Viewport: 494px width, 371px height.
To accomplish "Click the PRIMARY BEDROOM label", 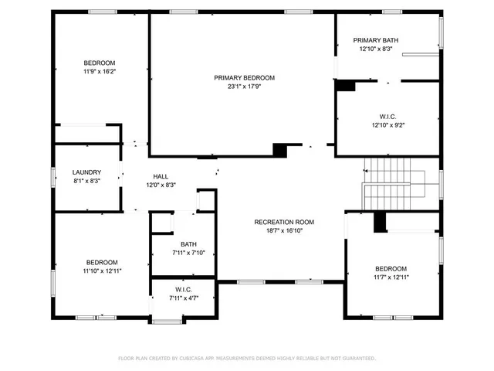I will pos(244,78).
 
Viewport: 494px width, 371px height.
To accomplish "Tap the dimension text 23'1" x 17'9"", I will pos(244,87).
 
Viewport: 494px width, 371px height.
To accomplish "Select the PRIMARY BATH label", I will pos(376,40).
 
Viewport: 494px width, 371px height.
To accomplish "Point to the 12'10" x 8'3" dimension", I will pos(376,49).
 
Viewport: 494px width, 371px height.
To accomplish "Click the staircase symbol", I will pos(390,182).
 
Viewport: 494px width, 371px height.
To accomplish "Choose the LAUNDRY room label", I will pos(86,172).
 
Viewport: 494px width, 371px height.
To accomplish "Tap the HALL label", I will pos(161,176).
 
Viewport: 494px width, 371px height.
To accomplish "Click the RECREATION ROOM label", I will pos(284,222).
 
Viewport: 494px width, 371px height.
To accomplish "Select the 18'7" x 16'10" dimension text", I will pos(284,230).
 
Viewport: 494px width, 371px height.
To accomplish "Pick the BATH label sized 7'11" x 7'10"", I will pos(188,244).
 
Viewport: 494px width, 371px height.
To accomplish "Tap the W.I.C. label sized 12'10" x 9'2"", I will pos(388,116).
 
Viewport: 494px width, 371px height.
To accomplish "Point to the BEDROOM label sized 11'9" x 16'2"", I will pos(100,63).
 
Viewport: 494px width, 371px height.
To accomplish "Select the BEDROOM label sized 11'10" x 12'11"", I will pos(102,262).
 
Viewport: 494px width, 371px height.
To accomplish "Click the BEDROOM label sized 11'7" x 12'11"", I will pos(391,268).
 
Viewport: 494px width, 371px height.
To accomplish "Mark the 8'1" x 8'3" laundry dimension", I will pos(86,180).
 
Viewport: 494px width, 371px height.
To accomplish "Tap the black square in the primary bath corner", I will pos(346,86).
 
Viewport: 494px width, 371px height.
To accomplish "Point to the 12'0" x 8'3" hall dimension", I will pos(161,185).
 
